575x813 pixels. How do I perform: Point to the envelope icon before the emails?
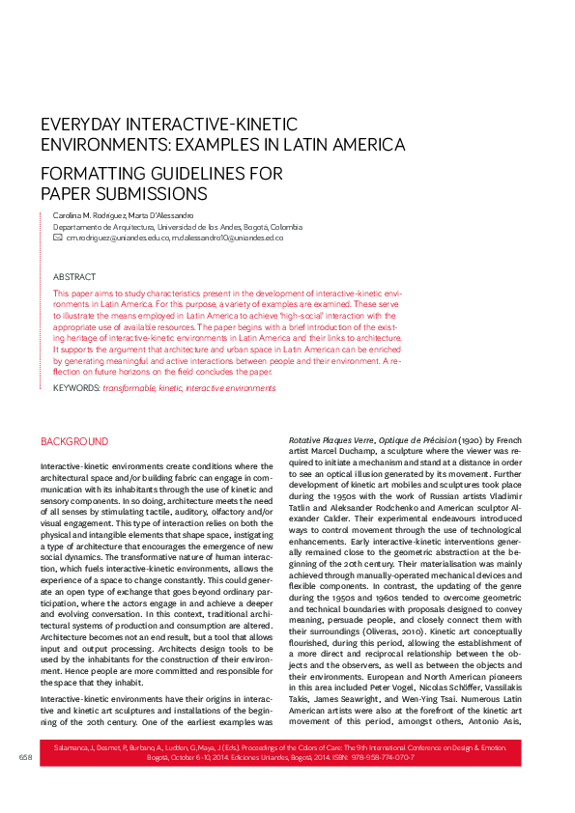click(58, 237)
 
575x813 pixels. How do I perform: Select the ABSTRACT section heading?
click(74, 276)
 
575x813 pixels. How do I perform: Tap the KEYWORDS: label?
click(76, 387)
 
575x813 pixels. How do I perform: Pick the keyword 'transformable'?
click(129, 387)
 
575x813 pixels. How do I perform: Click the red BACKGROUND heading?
click(74, 441)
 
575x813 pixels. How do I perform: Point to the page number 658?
click(25, 784)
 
